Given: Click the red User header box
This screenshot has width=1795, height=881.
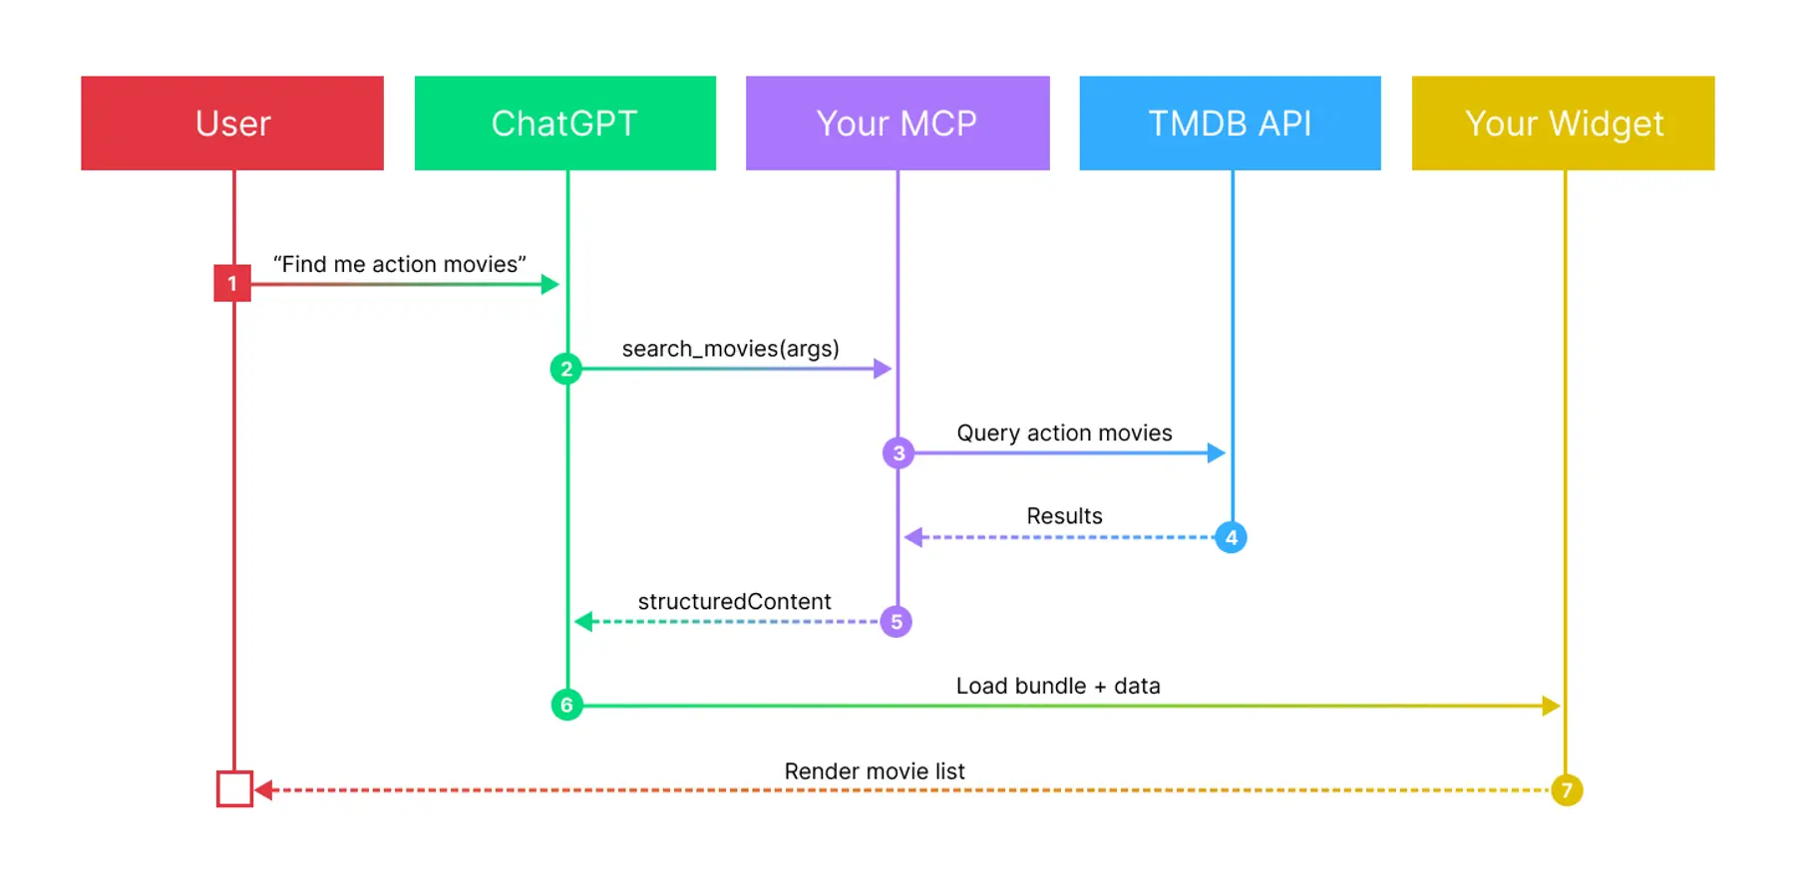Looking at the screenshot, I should coord(232,123).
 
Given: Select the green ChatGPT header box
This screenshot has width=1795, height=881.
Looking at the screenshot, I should coord(564,123).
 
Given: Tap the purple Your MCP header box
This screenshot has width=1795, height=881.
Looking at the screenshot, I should coord(897,123).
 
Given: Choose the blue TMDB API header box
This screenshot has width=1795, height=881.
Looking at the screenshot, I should coord(1230,123).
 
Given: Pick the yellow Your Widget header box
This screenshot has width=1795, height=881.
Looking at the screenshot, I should coord(1563,123).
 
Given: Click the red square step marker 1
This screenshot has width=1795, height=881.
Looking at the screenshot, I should coord(232,283).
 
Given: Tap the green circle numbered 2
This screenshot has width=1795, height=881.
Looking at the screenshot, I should coord(566,369).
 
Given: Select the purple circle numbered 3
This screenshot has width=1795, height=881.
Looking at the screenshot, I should coord(898,453).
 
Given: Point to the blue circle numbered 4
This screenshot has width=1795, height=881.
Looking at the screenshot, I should coord(1232,538).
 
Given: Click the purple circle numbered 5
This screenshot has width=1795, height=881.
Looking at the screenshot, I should coord(897,622).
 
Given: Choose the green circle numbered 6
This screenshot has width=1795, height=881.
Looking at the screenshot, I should coord(566,706).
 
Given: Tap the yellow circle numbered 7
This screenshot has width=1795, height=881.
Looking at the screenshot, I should coord(1567,790).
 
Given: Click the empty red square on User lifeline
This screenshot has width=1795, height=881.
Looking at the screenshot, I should coord(234,788).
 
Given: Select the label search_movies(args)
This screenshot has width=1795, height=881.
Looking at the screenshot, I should coord(730,349).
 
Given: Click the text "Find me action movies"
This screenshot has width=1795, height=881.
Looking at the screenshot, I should coord(399,264).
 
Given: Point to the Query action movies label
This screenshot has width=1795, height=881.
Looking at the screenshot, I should coord(1064,433).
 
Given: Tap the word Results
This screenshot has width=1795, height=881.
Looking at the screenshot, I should coord(1064,516).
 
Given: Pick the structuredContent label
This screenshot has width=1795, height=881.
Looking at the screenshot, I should coord(734,601).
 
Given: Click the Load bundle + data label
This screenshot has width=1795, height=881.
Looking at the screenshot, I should coord(1058,686).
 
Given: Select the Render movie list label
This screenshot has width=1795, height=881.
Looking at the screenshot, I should coord(875,771).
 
